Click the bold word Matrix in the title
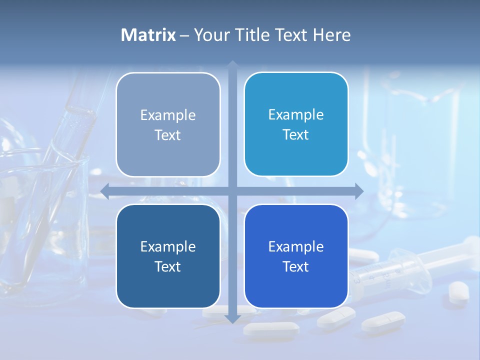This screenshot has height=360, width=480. click(x=148, y=35)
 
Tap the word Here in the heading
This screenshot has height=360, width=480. click(x=332, y=35)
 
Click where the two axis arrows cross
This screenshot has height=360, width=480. click(x=232, y=191)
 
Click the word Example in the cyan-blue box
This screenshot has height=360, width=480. click(x=296, y=115)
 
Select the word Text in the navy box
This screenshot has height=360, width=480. click(x=168, y=267)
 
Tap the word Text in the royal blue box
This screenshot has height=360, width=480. click(x=296, y=267)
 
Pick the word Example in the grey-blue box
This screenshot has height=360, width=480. click(x=168, y=115)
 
